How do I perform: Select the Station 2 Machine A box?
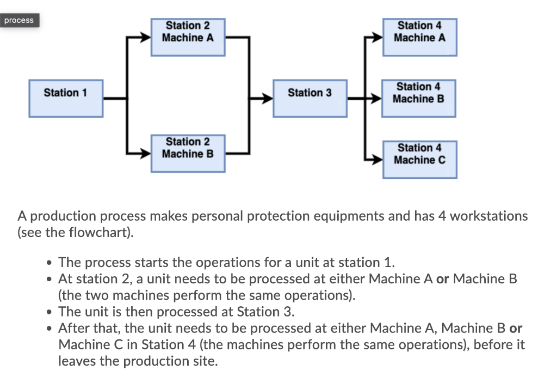(x=188, y=37)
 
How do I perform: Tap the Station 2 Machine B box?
(x=188, y=153)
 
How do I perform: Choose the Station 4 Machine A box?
(x=419, y=37)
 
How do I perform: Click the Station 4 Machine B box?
(x=418, y=98)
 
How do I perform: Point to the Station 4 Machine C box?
(x=419, y=159)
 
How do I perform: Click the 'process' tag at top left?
(x=19, y=21)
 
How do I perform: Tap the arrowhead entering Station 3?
(x=267, y=99)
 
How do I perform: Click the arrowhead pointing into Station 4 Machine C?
(x=377, y=160)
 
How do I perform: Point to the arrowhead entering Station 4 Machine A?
(x=377, y=38)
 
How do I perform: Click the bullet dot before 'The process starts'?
(x=49, y=263)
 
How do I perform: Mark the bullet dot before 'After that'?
(x=49, y=329)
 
